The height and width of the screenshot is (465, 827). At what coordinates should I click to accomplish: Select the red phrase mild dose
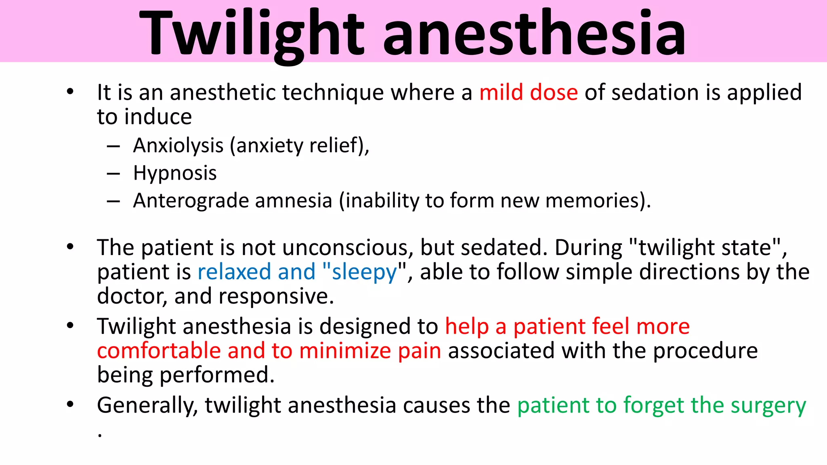(528, 93)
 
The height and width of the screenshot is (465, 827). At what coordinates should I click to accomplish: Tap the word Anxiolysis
(178, 146)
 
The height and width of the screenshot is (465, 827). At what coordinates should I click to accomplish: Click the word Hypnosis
(175, 173)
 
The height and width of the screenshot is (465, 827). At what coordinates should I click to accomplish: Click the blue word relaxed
(234, 272)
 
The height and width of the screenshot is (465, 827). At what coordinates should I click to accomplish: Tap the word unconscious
(347, 248)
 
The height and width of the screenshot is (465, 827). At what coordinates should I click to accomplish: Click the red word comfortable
(159, 351)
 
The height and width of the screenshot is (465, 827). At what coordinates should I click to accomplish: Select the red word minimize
(345, 351)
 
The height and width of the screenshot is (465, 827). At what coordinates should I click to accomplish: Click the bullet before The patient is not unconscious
(70, 247)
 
